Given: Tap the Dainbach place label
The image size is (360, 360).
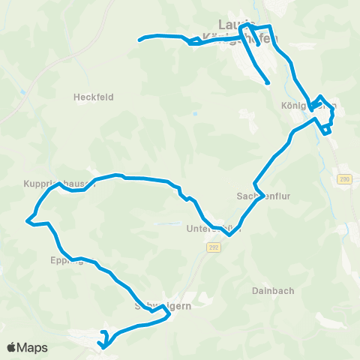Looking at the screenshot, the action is coord(272,290).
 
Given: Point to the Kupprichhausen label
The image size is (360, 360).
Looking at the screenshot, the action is coord(59,183).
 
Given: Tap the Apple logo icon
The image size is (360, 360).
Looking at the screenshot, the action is coord(12,347).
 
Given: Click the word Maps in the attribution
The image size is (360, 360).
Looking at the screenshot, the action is coord(33,347).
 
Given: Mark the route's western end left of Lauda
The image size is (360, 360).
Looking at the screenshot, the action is coord(140,39).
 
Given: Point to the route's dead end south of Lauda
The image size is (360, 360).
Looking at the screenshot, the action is coord(267,82).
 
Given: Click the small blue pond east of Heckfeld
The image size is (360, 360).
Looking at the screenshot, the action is coord(194,114).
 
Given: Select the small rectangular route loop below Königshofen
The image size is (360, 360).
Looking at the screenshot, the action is coord(327,129).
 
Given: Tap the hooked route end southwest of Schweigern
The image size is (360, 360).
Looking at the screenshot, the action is coord(102,332).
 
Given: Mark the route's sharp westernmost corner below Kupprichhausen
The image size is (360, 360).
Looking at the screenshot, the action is coord(28,221).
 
